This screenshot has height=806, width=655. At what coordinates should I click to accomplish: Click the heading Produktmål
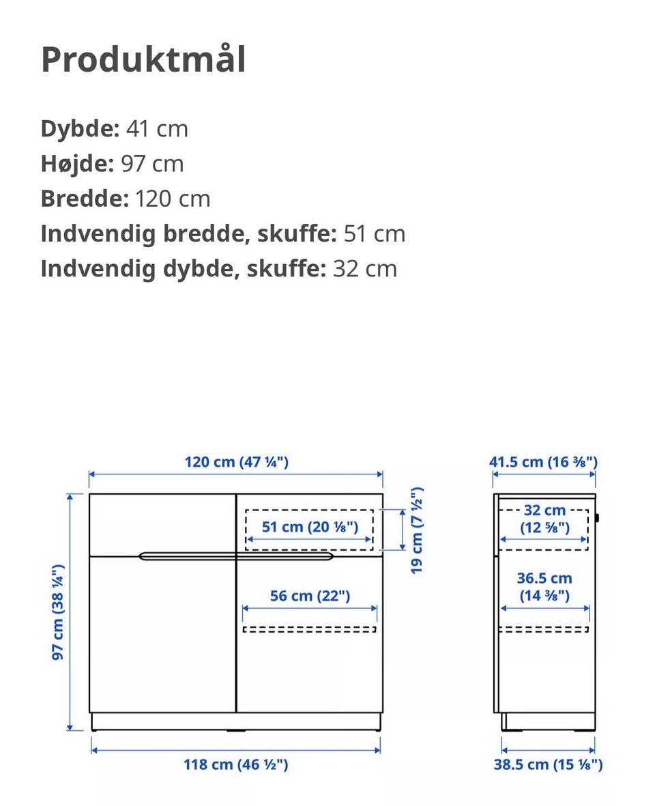coord(143,60)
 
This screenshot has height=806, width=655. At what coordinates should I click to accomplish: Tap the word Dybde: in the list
coord(80,128)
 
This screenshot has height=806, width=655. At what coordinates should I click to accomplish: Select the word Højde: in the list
coord(77,164)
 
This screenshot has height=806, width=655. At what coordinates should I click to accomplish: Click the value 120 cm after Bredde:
coord(173,199)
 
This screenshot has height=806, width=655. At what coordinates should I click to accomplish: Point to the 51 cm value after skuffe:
coord(374,233)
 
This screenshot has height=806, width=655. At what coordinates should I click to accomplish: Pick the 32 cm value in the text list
coord(364,269)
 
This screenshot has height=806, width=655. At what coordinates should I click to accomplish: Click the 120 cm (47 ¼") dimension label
coord(236,462)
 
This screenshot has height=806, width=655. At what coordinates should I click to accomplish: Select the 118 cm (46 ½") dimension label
coord(235,764)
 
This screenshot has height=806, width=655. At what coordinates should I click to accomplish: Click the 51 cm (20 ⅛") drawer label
coord(309,526)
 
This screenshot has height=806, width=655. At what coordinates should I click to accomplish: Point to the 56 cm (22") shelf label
coord(310,596)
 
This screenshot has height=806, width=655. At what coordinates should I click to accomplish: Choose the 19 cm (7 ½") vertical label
coord(417,530)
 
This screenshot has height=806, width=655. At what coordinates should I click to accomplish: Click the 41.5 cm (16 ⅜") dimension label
coord(543,462)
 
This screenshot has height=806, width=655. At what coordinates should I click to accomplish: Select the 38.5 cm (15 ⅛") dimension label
coord(548,764)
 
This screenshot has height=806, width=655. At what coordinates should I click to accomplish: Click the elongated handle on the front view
coord(236,556)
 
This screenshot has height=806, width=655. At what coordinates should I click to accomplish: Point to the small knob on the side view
coord(597,518)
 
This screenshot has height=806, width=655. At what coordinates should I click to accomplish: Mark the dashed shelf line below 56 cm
coord(309,629)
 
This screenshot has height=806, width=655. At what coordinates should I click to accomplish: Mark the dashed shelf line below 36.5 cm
coord(544,629)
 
